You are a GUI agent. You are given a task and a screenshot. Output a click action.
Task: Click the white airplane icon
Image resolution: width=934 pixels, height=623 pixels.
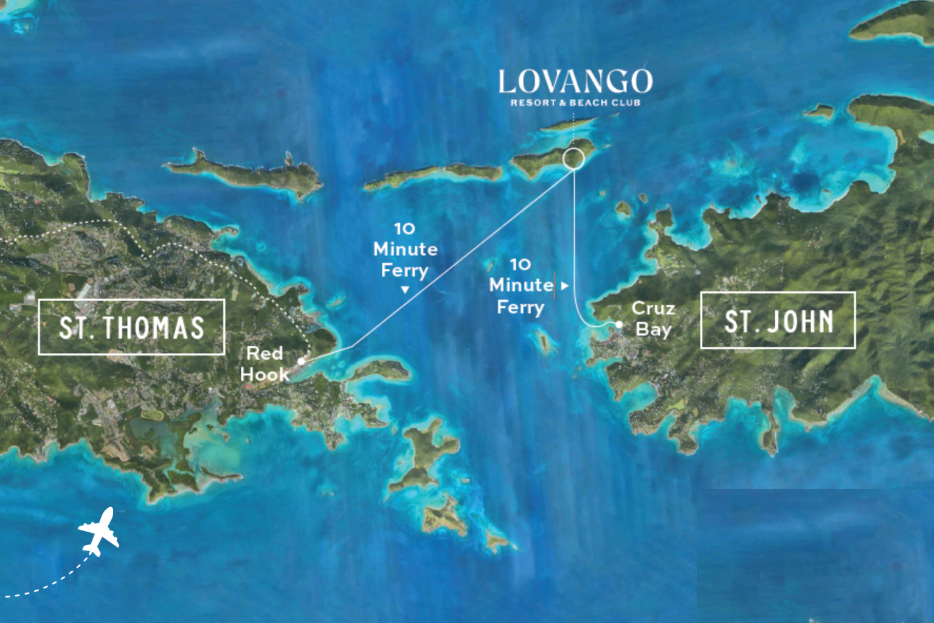pyautogui.click(x=99, y=532)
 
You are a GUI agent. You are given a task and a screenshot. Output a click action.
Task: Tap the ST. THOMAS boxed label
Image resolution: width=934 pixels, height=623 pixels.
pyautogui.click(x=131, y=327)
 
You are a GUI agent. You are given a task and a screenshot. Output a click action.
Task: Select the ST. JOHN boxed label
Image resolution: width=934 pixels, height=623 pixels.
pyautogui.click(x=778, y=321)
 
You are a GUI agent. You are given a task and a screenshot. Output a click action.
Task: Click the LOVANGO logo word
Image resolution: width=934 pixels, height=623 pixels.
pyautogui.click(x=575, y=82)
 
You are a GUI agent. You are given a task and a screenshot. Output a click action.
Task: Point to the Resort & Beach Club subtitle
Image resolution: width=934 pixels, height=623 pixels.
pyautogui.click(x=575, y=103)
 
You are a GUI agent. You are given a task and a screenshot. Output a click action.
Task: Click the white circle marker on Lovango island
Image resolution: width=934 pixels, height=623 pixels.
pyautogui.click(x=573, y=159)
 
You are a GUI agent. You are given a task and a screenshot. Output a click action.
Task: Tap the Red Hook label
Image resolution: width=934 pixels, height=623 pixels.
pyautogui.click(x=265, y=364)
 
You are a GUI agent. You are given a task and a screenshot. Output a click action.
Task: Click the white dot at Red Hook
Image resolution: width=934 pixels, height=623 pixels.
pyautogui.click(x=301, y=361)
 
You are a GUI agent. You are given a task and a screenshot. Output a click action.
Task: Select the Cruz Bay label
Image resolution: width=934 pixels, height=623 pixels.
pyautogui.click(x=653, y=319)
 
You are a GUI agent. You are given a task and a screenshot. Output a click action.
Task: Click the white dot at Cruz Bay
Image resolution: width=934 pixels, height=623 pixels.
pyautogui.click(x=619, y=324)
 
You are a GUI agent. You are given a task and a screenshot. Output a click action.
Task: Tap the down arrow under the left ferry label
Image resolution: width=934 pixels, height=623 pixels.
pyautogui.click(x=405, y=290)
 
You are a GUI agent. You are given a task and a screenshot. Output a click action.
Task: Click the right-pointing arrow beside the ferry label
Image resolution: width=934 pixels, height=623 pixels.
pyautogui.click(x=565, y=285)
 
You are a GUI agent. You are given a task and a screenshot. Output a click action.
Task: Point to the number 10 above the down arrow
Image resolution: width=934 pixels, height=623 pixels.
pyautogui.click(x=405, y=229)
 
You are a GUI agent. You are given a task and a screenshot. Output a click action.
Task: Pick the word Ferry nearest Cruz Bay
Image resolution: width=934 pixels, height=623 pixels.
pyautogui.click(x=521, y=307)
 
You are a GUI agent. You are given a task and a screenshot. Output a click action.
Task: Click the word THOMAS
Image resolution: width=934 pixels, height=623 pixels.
pyautogui.click(x=153, y=327)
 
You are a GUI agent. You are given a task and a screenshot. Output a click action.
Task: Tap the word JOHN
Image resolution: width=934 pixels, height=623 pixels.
pyautogui.click(x=800, y=321)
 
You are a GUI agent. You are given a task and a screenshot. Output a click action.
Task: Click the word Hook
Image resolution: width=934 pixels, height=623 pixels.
pyautogui.click(x=265, y=375)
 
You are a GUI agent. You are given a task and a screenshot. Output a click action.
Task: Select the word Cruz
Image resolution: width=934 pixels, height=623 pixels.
pyautogui.click(x=653, y=308)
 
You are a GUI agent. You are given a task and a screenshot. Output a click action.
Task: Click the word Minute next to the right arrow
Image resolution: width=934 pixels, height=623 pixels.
pyautogui.click(x=521, y=285)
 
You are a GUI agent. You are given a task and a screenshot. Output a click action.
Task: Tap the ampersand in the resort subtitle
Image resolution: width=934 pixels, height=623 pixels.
pyautogui.click(x=563, y=103)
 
